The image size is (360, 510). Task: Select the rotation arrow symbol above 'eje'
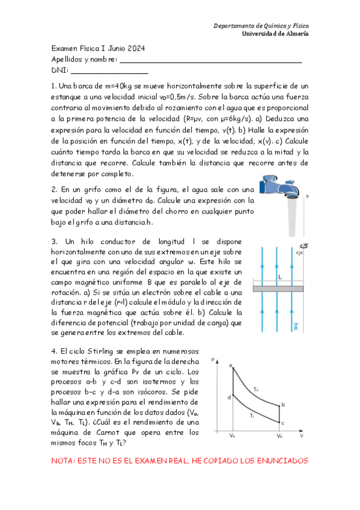tap(302, 245)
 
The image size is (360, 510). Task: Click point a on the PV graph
tap(231, 365)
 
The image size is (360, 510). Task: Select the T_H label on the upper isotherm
tap(256, 389)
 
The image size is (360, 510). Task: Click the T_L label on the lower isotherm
tap(252, 415)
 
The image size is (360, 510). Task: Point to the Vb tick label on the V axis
tap(279, 434)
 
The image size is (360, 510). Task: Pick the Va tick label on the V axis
tap(232, 434)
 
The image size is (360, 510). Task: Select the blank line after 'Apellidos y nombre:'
tap(210, 60)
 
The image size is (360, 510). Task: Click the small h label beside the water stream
tap(307, 196)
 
